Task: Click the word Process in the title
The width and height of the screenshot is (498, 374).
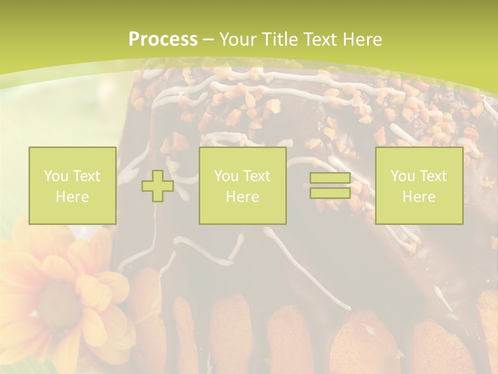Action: point(163,39)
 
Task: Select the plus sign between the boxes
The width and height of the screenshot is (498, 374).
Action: point(158,186)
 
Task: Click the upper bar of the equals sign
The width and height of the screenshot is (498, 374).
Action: point(330,178)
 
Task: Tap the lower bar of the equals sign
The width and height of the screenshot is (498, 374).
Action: point(330,193)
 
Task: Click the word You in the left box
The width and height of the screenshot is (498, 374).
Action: point(56,176)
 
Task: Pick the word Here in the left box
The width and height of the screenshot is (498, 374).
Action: point(72,197)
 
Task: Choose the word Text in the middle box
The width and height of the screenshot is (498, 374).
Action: point(257,176)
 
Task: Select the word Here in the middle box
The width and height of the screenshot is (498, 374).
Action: point(242,197)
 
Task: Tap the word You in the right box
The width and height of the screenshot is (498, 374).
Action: point(403,176)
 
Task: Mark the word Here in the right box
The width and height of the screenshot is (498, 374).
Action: point(419,197)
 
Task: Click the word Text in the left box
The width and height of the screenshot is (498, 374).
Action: point(87,176)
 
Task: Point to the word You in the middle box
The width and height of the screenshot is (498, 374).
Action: point(226,176)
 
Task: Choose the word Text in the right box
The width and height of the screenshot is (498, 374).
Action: point(433,176)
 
